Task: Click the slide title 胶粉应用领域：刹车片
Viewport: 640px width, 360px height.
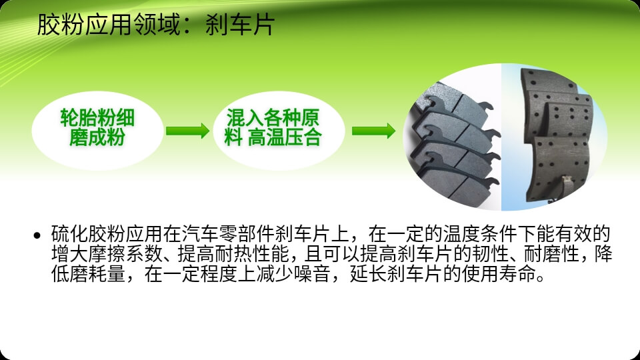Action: pyautogui.click(x=156, y=25)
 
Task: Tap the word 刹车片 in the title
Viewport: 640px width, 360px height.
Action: pyautogui.click(x=240, y=25)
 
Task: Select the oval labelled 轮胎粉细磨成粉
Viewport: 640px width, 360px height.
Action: pyautogui.click(x=97, y=131)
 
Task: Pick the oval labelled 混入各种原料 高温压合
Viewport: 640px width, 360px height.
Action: pyautogui.click(x=279, y=131)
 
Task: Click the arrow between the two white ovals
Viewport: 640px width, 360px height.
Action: pyautogui.click(x=188, y=131)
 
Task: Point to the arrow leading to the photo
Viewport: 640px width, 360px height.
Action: pyautogui.click(x=373, y=131)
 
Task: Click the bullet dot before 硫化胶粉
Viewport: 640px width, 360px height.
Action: pyautogui.click(x=37, y=235)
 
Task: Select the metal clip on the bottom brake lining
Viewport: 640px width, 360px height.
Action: pyautogui.click(x=565, y=187)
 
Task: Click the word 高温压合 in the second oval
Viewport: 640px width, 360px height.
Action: pyautogui.click(x=285, y=137)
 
